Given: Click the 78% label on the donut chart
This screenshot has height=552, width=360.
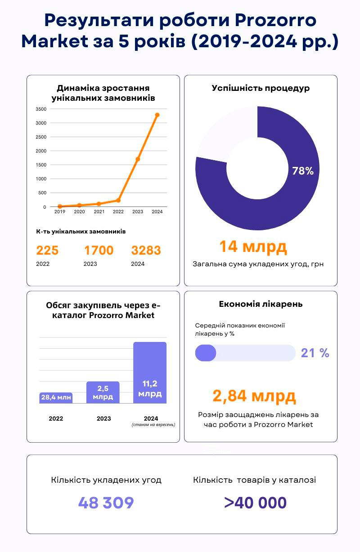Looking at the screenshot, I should [x=303, y=171].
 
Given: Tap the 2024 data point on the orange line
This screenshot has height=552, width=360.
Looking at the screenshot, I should [x=157, y=115].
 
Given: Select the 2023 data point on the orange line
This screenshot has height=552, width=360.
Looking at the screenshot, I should [x=138, y=159].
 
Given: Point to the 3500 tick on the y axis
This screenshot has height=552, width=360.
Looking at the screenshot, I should [x=41, y=109].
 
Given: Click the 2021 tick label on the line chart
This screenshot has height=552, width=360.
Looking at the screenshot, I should [x=99, y=211].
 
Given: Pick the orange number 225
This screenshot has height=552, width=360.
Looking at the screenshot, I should [x=47, y=250].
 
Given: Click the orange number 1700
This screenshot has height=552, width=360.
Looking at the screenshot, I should [x=99, y=250].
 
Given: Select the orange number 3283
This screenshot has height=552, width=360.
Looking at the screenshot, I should [x=146, y=250].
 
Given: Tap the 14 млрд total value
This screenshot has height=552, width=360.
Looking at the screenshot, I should [x=253, y=247].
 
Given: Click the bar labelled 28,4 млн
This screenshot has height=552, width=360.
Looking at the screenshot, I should [x=56, y=397].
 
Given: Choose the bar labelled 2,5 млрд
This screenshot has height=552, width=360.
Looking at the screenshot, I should [x=103, y=392].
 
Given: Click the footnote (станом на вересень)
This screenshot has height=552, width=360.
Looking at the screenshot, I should [x=153, y=425].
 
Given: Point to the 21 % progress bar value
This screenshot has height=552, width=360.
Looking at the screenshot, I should [x=315, y=353].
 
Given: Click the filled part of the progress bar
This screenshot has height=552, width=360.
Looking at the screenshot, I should [x=206, y=353].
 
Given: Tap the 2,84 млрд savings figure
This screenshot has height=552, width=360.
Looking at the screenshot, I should [x=254, y=396].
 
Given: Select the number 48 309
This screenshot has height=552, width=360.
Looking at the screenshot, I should [x=106, y=503].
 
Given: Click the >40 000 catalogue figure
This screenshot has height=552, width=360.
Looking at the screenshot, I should [x=255, y=503].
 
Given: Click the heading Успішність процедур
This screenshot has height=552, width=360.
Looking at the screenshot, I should [x=261, y=88].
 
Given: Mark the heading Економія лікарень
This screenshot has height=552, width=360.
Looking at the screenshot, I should [x=261, y=304].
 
